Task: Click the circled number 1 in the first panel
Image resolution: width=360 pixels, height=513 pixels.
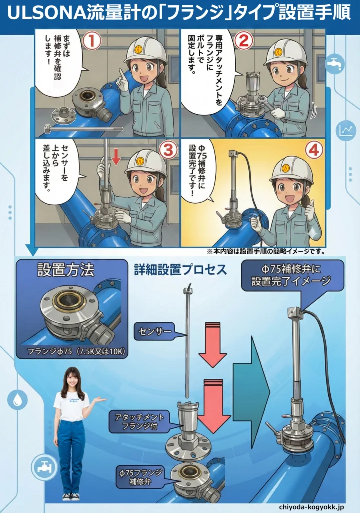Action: point(92,41)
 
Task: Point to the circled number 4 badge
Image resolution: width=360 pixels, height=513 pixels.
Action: point(314,150)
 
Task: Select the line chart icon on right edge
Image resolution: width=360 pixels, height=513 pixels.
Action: point(345,130)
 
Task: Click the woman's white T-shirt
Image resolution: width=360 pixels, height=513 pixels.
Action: point(71,406)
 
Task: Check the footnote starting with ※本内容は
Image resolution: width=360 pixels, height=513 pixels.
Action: point(266,251)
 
